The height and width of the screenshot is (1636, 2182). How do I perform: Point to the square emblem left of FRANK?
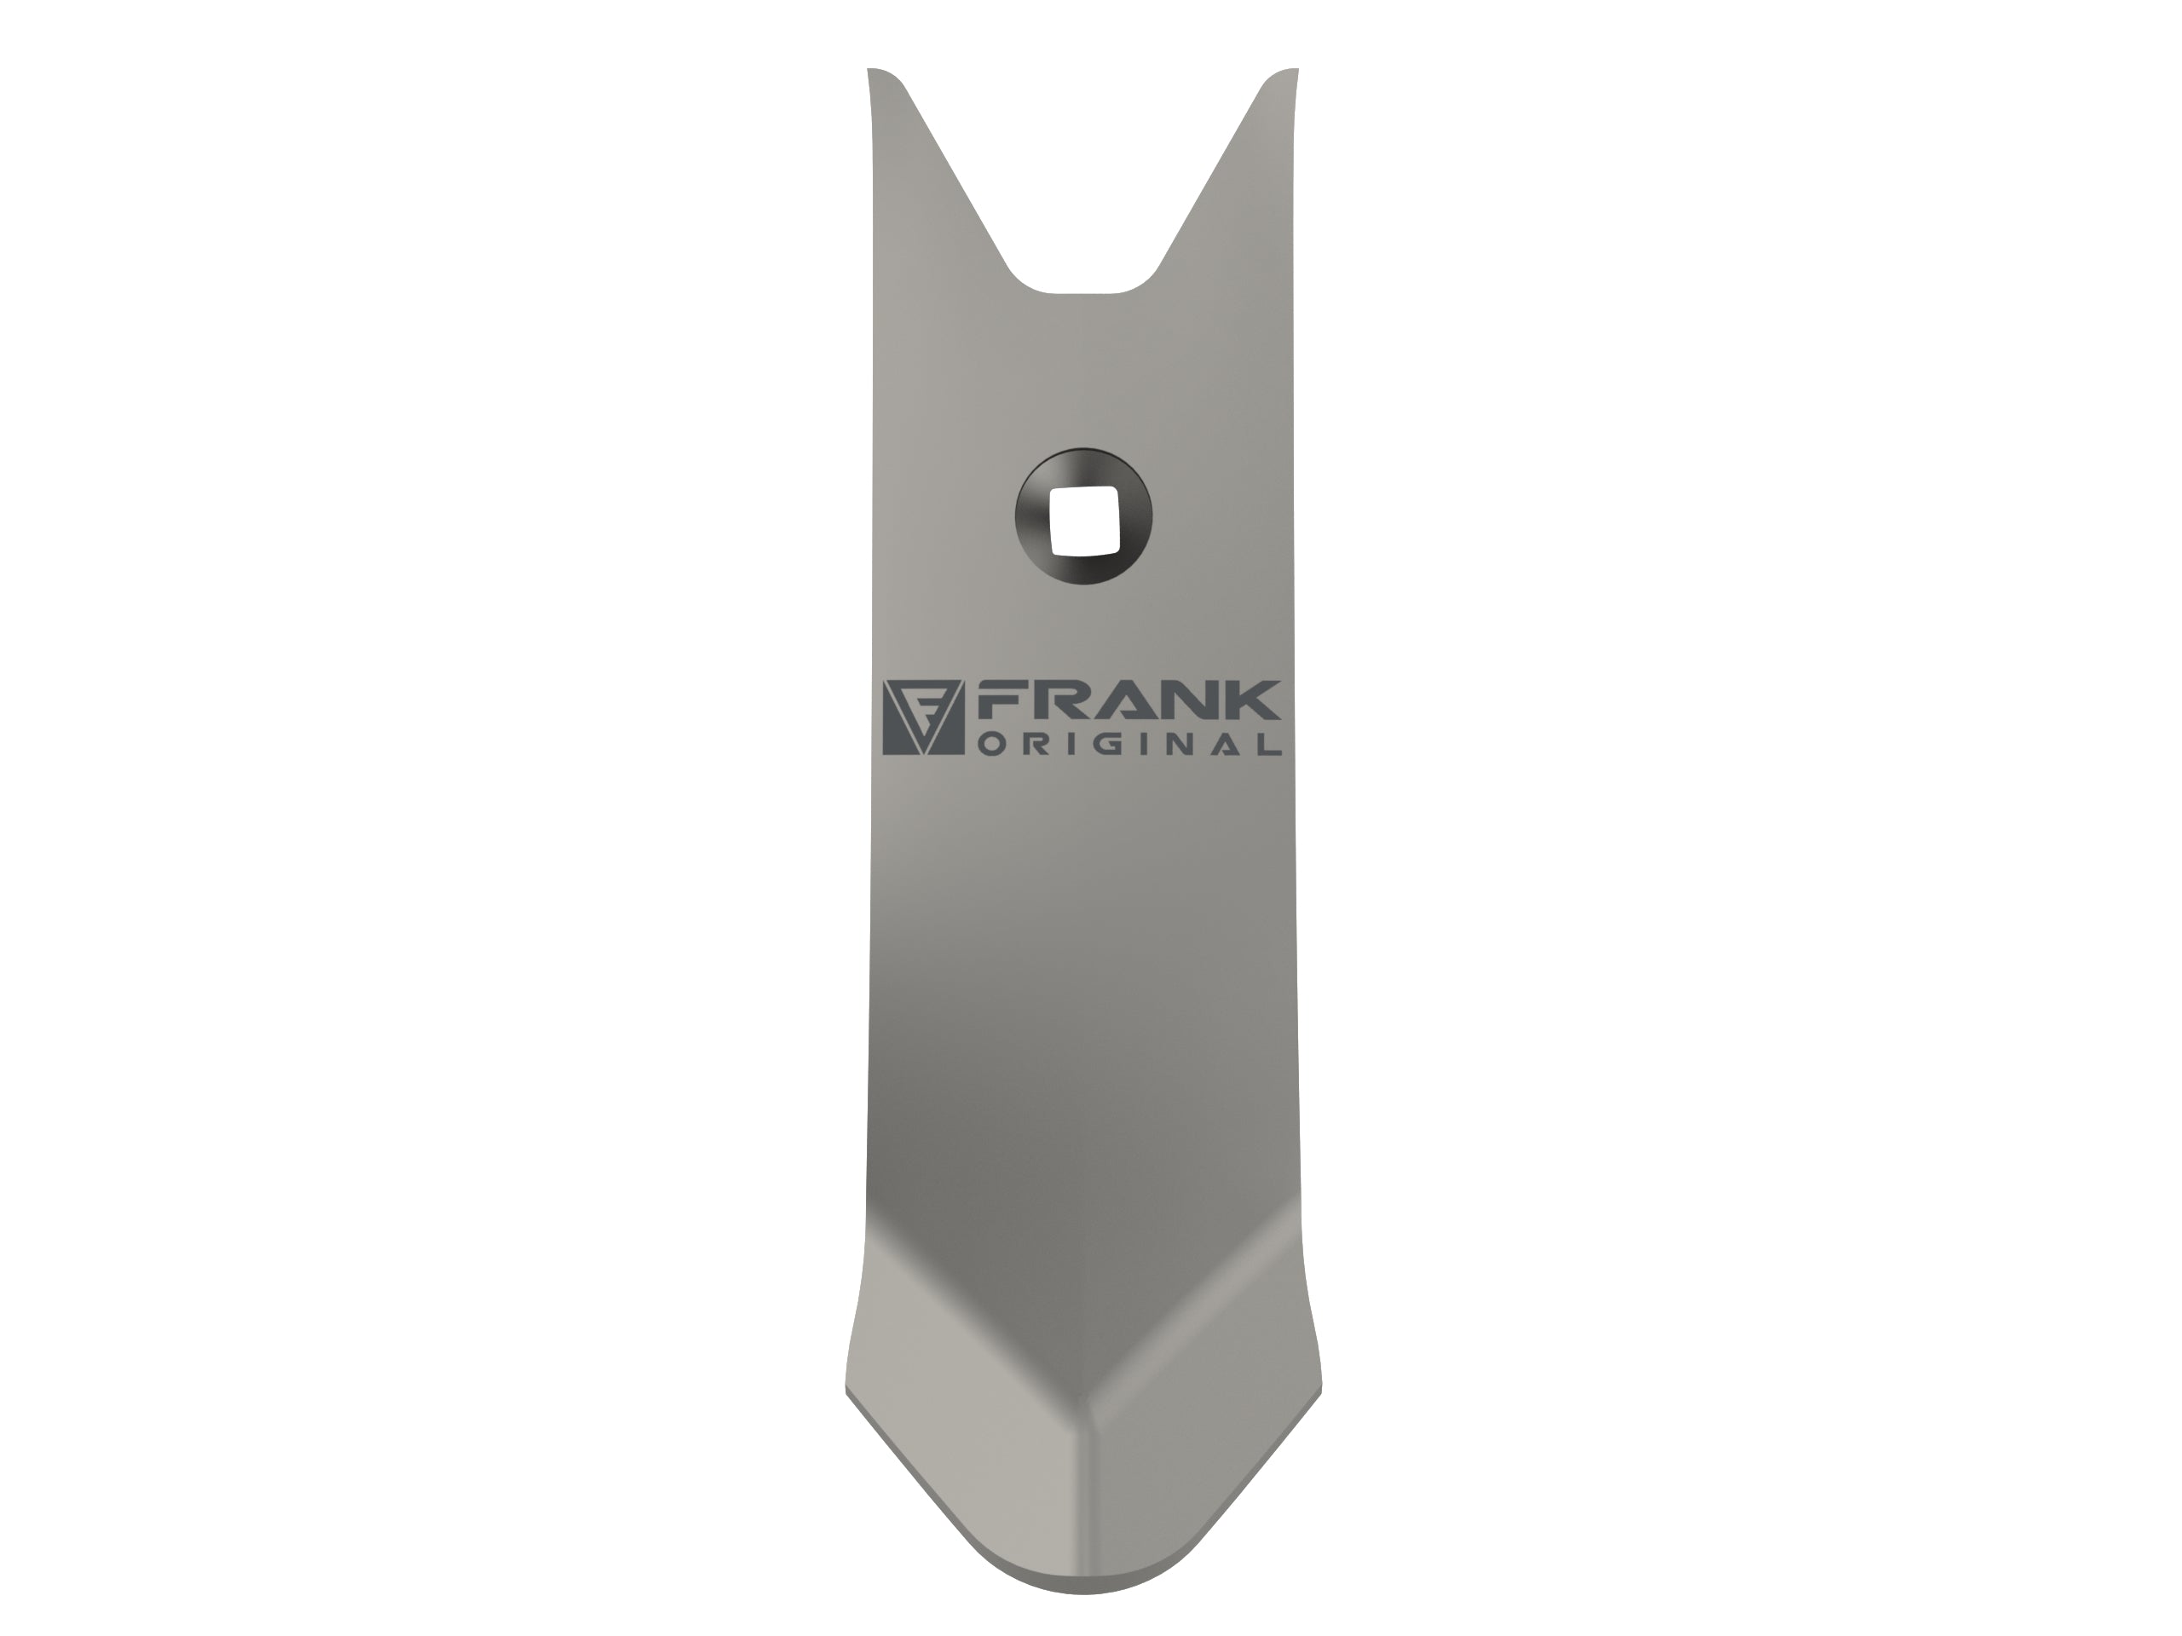[x=922, y=717]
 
